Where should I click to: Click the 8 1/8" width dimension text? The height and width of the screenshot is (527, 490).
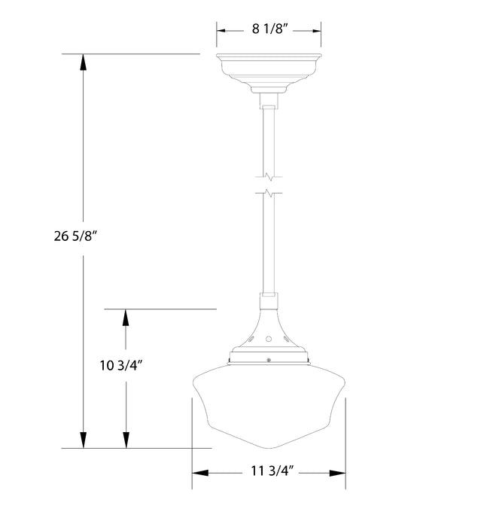coord(269,30)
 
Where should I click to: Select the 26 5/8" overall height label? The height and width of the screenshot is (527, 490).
coord(74,236)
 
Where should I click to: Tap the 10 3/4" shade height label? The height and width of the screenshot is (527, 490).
coord(120,367)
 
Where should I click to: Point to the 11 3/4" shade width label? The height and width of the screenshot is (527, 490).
coord(269,473)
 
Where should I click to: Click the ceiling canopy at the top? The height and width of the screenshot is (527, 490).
coord(269,69)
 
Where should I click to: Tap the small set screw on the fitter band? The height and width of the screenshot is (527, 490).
coord(269,360)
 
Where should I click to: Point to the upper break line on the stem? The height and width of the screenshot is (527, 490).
coord(269,178)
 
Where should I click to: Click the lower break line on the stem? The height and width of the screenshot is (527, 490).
coord(269,193)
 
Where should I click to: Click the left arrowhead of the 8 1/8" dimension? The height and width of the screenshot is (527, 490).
coord(224,30)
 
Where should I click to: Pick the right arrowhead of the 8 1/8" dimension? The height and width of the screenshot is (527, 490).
coord(316,30)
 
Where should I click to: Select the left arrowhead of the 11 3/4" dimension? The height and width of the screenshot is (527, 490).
coord(200,474)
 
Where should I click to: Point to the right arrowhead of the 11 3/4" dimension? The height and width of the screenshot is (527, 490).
coord(339,474)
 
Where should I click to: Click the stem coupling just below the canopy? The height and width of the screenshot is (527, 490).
coord(269,101)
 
